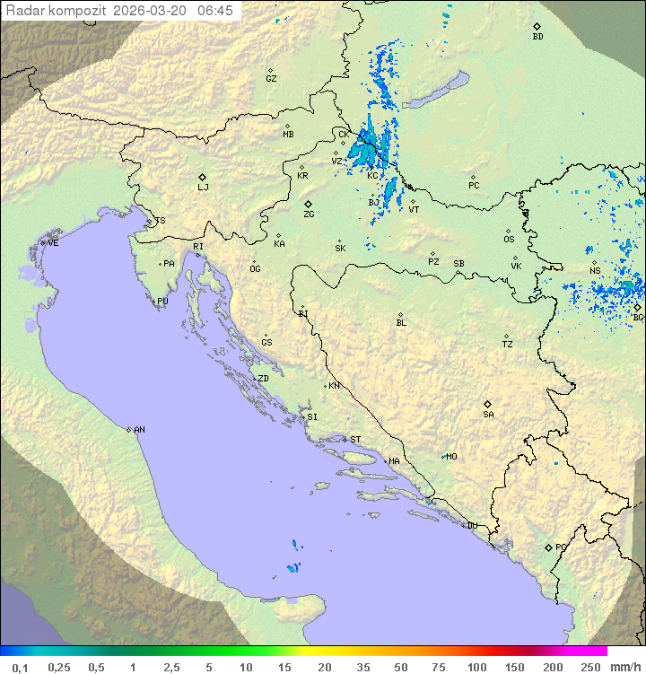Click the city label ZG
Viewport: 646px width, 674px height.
tap(309, 214)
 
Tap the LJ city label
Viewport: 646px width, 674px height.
tap(203, 188)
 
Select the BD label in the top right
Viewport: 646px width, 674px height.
tap(537, 37)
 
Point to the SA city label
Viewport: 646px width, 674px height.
tap(488, 415)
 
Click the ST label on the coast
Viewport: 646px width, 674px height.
tap(355, 440)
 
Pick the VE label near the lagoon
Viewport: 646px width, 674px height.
tap(53, 243)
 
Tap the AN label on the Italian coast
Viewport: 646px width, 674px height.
tap(139, 430)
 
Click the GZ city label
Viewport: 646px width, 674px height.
tap(271, 79)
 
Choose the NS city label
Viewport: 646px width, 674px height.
tap(595, 271)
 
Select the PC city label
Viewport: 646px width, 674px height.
tap(474, 186)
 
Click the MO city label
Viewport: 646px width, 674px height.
tap(451, 457)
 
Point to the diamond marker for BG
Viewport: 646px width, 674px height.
tap(637, 307)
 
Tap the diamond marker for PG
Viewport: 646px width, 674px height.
tap(548, 547)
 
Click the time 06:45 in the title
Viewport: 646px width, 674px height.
tap(215, 11)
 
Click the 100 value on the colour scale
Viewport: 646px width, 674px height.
tap(476, 667)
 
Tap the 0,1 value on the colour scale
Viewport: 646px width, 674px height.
tap(20, 667)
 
